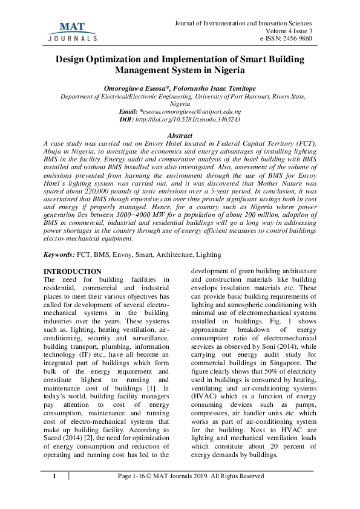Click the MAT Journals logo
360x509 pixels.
72,30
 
